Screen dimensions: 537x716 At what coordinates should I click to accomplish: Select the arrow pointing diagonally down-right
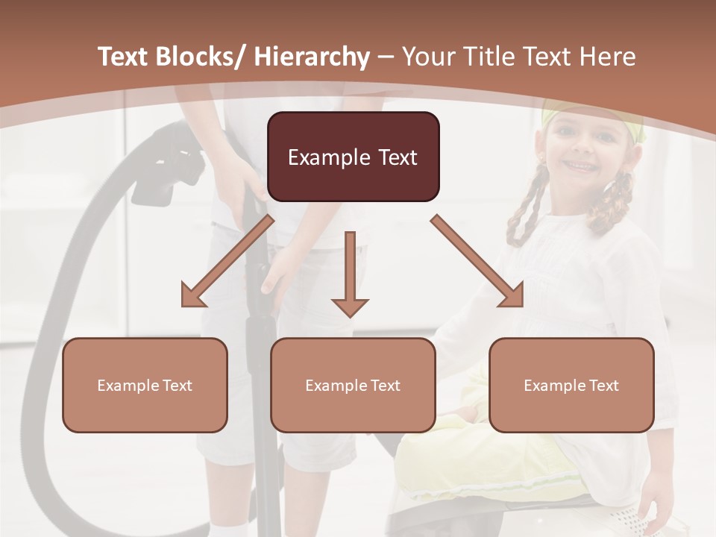coord(477,261)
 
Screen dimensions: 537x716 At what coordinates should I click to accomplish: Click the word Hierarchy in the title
coord(312,57)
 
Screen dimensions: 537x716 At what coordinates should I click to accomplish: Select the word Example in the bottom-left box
coord(127,386)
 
